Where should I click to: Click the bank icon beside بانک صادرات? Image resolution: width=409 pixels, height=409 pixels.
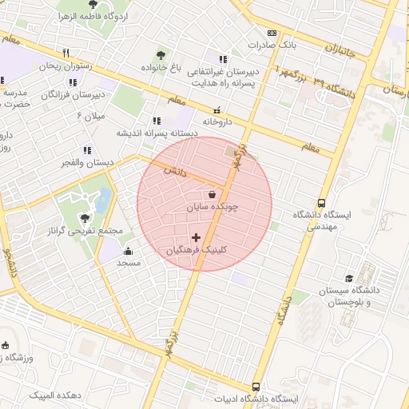272,33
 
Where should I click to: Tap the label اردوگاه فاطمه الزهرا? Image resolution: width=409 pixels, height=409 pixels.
87,17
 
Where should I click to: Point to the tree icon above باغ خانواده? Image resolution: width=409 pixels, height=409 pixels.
162,56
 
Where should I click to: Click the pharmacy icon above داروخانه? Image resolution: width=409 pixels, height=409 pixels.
216,110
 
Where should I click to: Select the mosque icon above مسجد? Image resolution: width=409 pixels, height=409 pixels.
128,252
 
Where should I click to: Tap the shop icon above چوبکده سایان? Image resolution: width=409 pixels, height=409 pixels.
212,194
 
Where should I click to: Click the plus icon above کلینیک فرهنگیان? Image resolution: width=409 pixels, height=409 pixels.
197,237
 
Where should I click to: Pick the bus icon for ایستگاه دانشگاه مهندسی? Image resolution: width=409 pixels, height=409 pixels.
321,203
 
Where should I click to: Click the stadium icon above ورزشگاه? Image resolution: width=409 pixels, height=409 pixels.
6,345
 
